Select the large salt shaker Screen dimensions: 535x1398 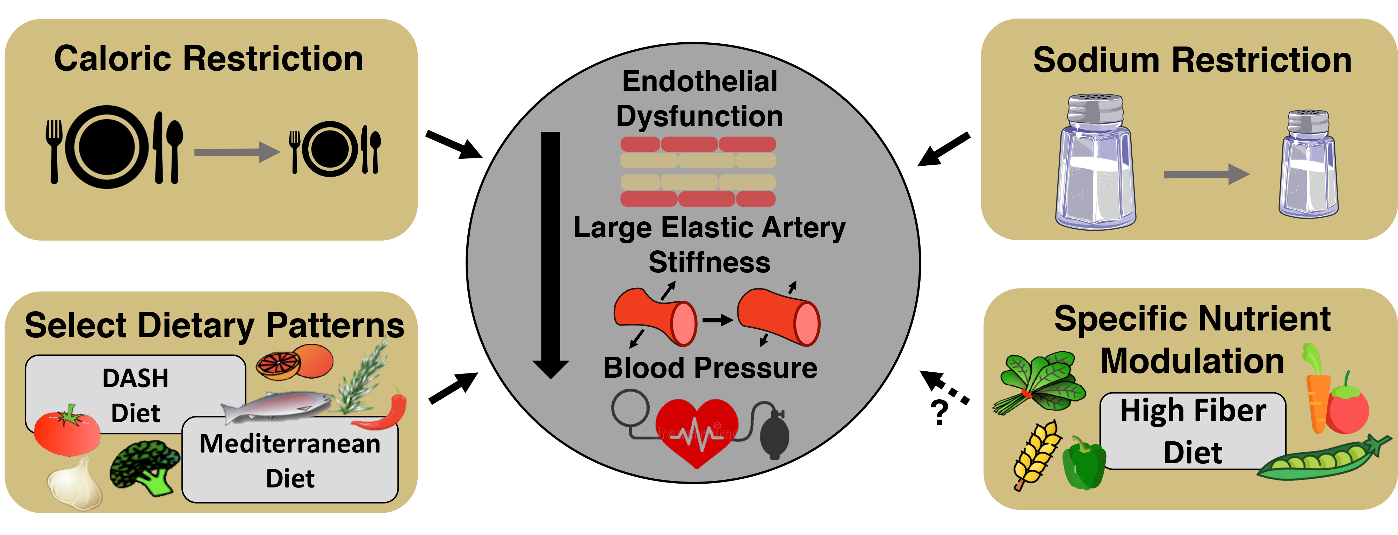point(1095,163)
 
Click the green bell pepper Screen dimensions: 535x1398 point(1083,464)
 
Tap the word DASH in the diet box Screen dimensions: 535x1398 point(135,379)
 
